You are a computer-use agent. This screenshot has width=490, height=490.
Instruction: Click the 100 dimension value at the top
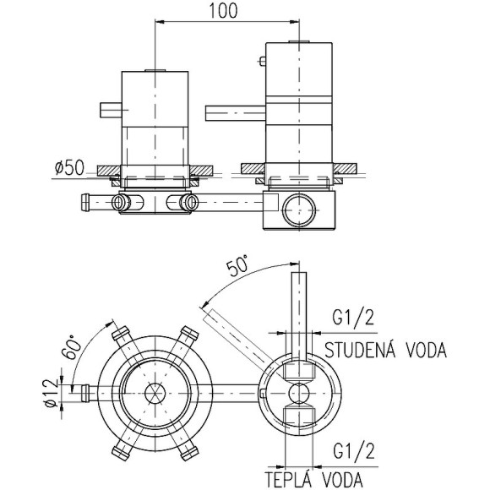[x=223, y=10]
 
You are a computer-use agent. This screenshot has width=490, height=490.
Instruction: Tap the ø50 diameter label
[x=69, y=167]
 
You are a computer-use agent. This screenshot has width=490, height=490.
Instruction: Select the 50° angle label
[x=238, y=265]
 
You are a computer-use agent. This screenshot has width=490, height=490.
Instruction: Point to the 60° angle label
[x=71, y=347]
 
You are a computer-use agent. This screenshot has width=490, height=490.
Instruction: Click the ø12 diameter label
[x=52, y=393]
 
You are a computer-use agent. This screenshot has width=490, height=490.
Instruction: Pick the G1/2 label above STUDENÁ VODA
[x=353, y=318]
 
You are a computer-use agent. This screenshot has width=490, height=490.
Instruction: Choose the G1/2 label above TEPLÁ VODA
[x=353, y=451]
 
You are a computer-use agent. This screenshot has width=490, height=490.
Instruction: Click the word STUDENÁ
[x=360, y=350]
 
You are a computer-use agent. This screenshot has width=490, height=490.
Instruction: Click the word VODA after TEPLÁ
[x=342, y=480]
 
